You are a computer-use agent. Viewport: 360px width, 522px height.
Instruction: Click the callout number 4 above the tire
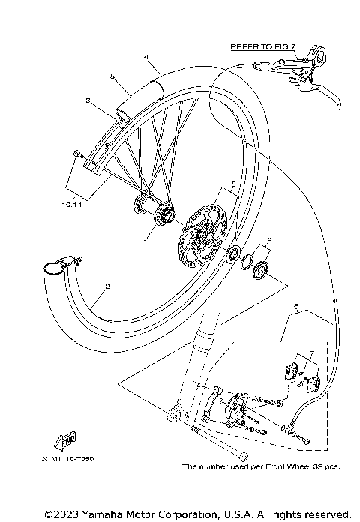click(146, 56)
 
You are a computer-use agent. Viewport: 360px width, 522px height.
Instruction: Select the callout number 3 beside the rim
click(88, 100)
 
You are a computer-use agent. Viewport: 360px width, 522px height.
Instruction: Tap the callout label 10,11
click(73, 203)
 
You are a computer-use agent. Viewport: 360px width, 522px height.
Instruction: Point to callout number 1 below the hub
click(146, 241)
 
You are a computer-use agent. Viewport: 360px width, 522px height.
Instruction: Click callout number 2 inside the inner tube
click(108, 286)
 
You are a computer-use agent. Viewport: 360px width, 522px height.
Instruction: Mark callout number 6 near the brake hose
click(296, 306)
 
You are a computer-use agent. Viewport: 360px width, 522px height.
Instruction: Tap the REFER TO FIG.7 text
click(263, 46)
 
